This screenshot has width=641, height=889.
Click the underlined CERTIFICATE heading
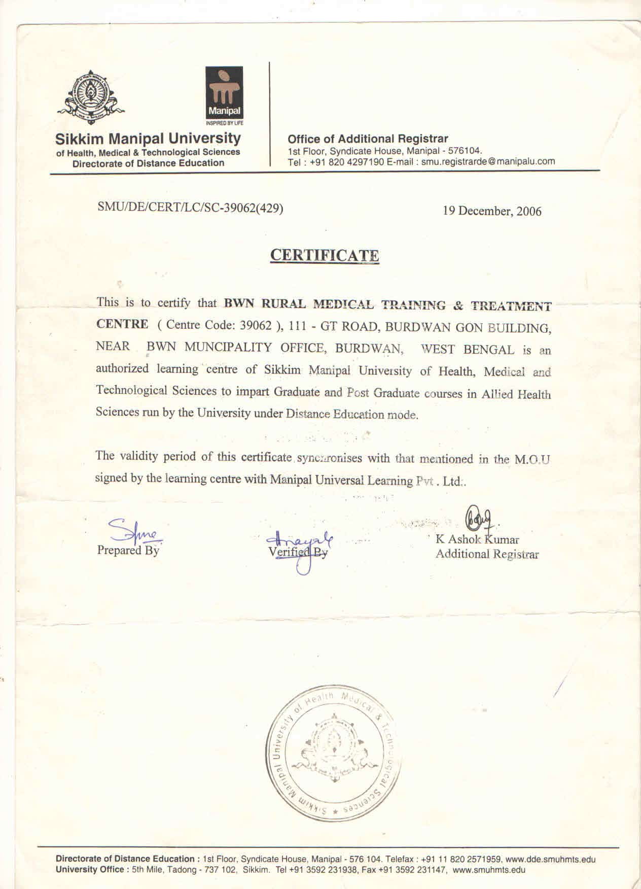[324, 255]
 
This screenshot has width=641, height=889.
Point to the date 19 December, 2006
[492, 211]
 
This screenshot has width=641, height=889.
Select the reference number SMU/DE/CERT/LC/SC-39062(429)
[190, 208]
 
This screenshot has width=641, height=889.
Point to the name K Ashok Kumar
[477, 539]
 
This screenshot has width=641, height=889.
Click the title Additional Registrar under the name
[487, 554]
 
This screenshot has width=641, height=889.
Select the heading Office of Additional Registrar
[368, 139]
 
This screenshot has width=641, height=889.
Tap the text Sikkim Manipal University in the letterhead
[148, 138]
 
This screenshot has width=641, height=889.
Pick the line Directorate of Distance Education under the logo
[148, 163]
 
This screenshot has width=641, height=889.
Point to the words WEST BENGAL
[468, 349]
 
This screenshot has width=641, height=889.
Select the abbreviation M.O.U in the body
[532, 460]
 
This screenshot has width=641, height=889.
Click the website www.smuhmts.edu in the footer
[489, 870]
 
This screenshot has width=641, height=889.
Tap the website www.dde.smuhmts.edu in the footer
[551, 860]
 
